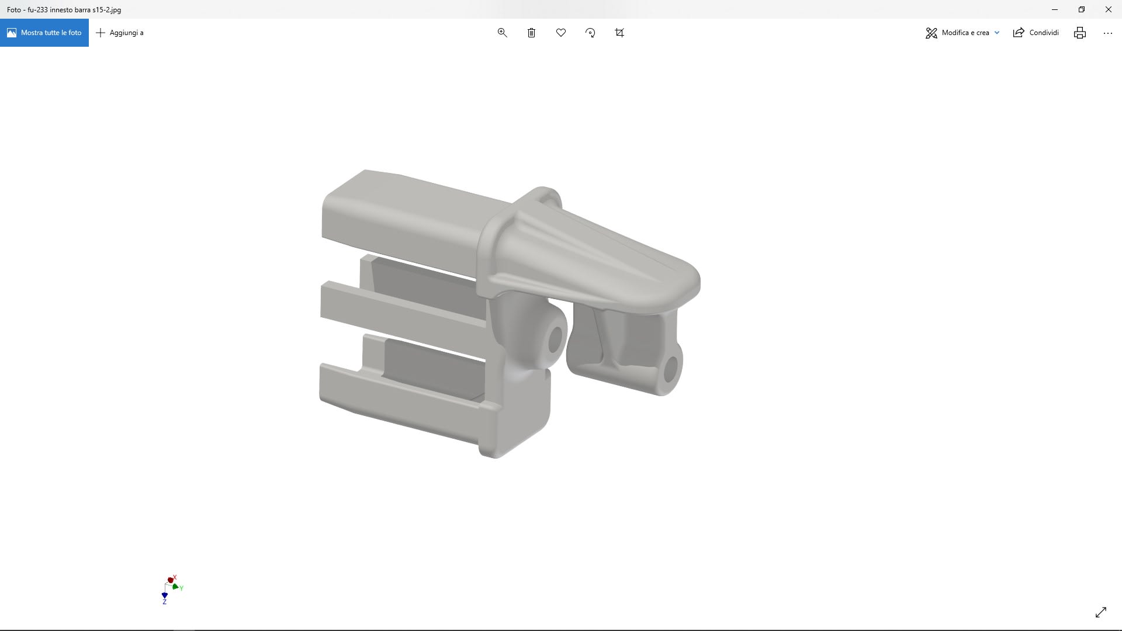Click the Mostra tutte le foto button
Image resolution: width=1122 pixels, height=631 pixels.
pyautogui.click(x=44, y=33)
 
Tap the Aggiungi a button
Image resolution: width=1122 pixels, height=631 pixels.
pyautogui.click(x=120, y=33)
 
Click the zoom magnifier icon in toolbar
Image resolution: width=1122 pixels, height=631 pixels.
pyautogui.click(x=502, y=33)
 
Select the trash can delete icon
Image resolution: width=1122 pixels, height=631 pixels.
pyautogui.click(x=531, y=33)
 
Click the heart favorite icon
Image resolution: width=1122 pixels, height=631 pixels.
pyautogui.click(x=561, y=33)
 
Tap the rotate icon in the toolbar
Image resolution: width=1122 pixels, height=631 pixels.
pyautogui.click(x=590, y=33)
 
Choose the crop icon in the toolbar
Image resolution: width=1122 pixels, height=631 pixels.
pyautogui.click(x=619, y=33)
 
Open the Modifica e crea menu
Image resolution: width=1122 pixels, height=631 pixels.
pyautogui.click(x=962, y=33)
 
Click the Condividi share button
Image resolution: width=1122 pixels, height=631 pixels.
pyautogui.click(x=1036, y=33)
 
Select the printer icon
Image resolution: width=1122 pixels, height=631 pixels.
pyautogui.click(x=1079, y=33)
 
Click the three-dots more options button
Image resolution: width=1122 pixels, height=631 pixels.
pyautogui.click(x=1107, y=33)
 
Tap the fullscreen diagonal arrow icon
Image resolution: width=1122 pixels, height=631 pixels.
pyautogui.click(x=1100, y=612)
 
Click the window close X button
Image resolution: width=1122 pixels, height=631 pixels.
pyautogui.click(x=1108, y=9)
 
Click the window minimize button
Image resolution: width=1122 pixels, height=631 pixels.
pyautogui.click(x=1054, y=9)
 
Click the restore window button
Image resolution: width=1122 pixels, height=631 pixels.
pyautogui.click(x=1081, y=9)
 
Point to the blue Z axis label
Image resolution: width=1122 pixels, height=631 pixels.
pyautogui.click(x=164, y=602)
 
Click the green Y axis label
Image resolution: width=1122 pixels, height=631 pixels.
pyautogui.click(x=182, y=588)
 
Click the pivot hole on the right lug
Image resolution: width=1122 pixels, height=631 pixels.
pyautogui.click(x=670, y=369)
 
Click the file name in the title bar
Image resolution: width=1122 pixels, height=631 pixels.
pyautogui.click(x=64, y=9)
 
